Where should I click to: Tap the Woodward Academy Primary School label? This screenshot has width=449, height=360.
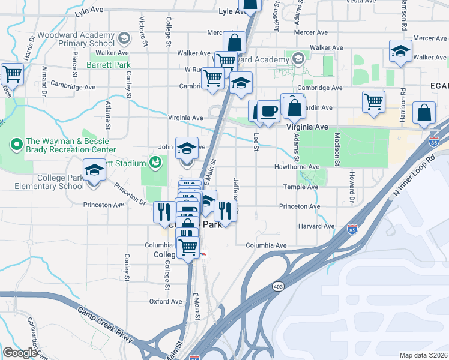[x=74, y=38]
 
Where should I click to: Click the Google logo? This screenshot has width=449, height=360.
[x=20, y=353]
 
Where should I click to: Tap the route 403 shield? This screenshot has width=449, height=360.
[x=277, y=287]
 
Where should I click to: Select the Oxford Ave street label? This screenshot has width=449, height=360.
[x=165, y=301]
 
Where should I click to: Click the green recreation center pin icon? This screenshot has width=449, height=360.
[x=16, y=145]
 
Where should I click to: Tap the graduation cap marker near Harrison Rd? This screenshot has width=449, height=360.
[x=400, y=50]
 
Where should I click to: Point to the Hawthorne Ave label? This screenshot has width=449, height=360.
[x=296, y=167]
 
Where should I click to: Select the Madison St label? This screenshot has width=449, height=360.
[x=337, y=149]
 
